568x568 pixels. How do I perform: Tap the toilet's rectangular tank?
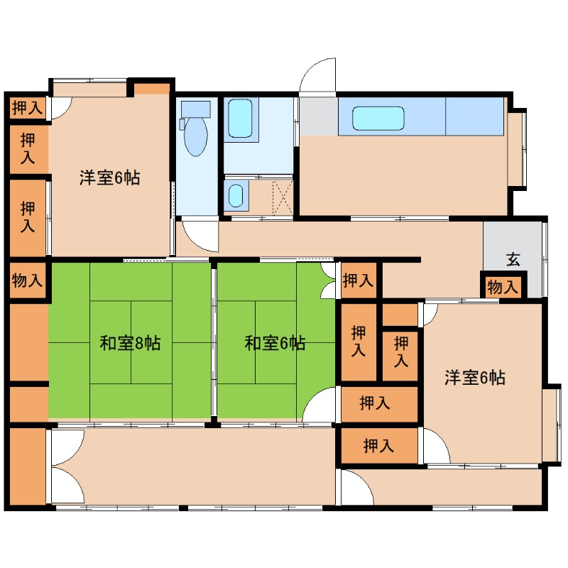pos(195,109)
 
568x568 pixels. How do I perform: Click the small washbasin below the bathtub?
pos(235,195)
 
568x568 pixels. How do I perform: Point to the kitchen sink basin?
pos(378,119)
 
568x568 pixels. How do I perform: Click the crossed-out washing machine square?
pos(283,197)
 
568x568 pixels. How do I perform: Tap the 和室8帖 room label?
pos(130,344)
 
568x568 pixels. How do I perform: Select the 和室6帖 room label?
pos(275,344)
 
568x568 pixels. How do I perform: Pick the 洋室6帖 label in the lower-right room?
pos(475,378)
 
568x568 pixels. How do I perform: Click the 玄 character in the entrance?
pos(513,259)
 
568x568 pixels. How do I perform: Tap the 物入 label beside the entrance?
pos(503,288)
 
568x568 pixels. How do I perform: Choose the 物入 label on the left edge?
pos(28,280)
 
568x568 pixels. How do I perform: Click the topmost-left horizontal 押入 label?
pos(28,108)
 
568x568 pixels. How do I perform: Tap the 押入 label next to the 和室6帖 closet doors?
pos(358,280)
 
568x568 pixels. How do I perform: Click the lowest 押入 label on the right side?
pos(378,447)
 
